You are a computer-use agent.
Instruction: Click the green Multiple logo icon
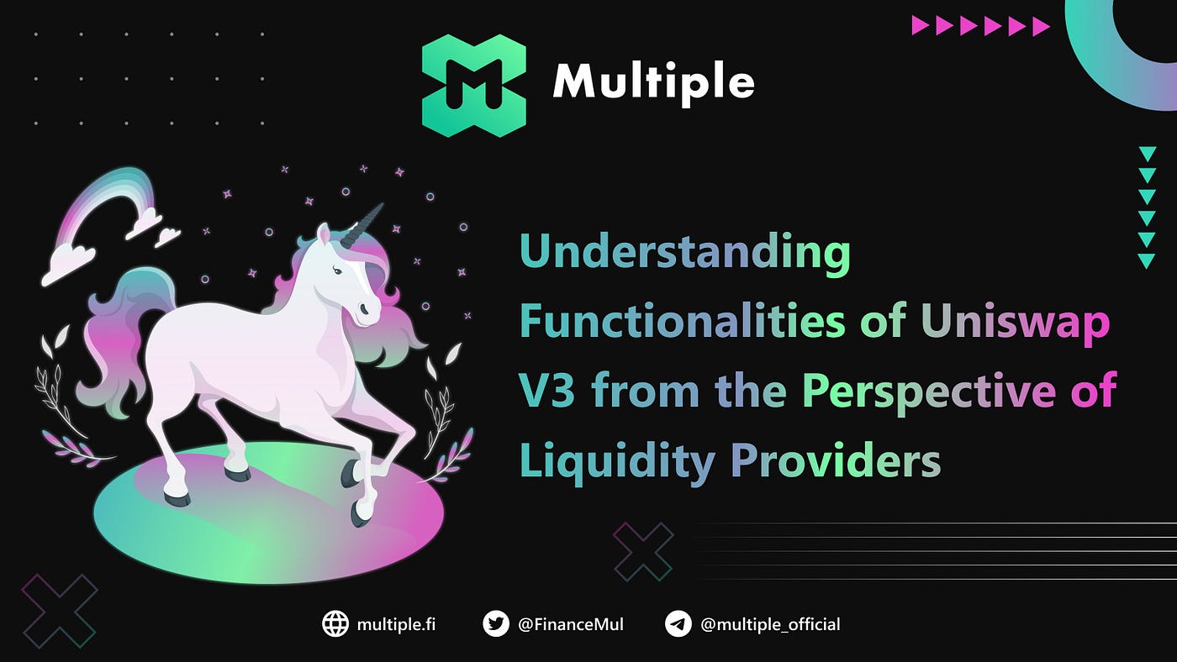click(474, 86)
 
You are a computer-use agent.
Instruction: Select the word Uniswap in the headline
click(1016, 321)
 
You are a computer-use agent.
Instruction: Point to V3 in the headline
click(547, 391)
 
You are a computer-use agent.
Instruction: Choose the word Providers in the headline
click(836, 460)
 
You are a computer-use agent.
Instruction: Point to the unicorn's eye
click(337, 271)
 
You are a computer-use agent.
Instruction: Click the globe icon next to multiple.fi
click(335, 624)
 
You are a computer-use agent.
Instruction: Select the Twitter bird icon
click(496, 624)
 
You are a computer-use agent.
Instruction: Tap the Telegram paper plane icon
click(678, 624)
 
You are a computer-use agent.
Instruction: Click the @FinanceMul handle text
click(571, 625)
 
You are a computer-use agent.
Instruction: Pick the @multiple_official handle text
click(770, 625)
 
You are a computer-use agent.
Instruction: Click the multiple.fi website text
click(396, 625)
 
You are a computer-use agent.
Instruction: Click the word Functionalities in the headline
click(683, 321)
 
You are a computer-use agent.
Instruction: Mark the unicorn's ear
click(323, 234)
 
